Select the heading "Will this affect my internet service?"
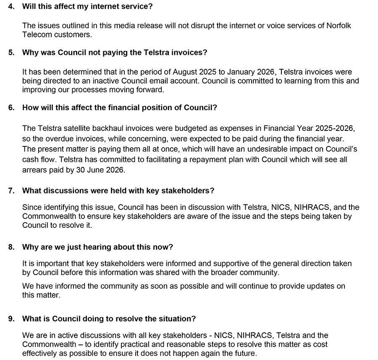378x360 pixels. click(x=87, y=7)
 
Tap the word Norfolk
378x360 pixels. click(x=338, y=26)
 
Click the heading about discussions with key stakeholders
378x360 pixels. click(x=118, y=190)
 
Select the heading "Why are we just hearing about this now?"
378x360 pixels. click(x=97, y=247)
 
